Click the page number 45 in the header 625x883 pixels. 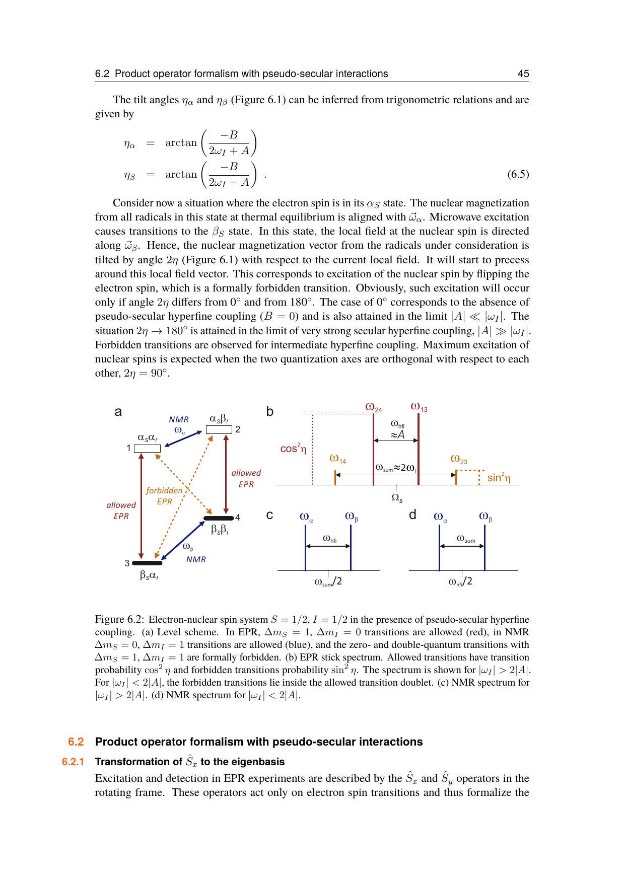click(x=523, y=74)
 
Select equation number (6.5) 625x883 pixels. click(x=518, y=174)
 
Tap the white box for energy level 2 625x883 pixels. click(x=219, y=429)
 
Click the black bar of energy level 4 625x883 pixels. click(x=219, y=518)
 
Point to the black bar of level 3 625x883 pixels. click(x=147, y=563)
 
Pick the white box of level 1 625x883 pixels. click(x=147, y=449)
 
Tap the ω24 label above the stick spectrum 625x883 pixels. click(x=374, y=407)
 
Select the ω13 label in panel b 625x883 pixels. click(x=419, y=406)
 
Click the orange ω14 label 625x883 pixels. click(x=337, y=459)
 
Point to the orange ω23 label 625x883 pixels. click(x=459, y=460)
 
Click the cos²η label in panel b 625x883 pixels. click(x=293, y=449)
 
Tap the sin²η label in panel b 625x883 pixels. click(x=499, y=478)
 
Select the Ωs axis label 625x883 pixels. click(x=397, y=498)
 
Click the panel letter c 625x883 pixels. click(x=270, y=515)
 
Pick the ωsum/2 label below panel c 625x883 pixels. click(x=328, y=582)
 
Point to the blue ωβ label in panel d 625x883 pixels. click(x=485, y=517)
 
